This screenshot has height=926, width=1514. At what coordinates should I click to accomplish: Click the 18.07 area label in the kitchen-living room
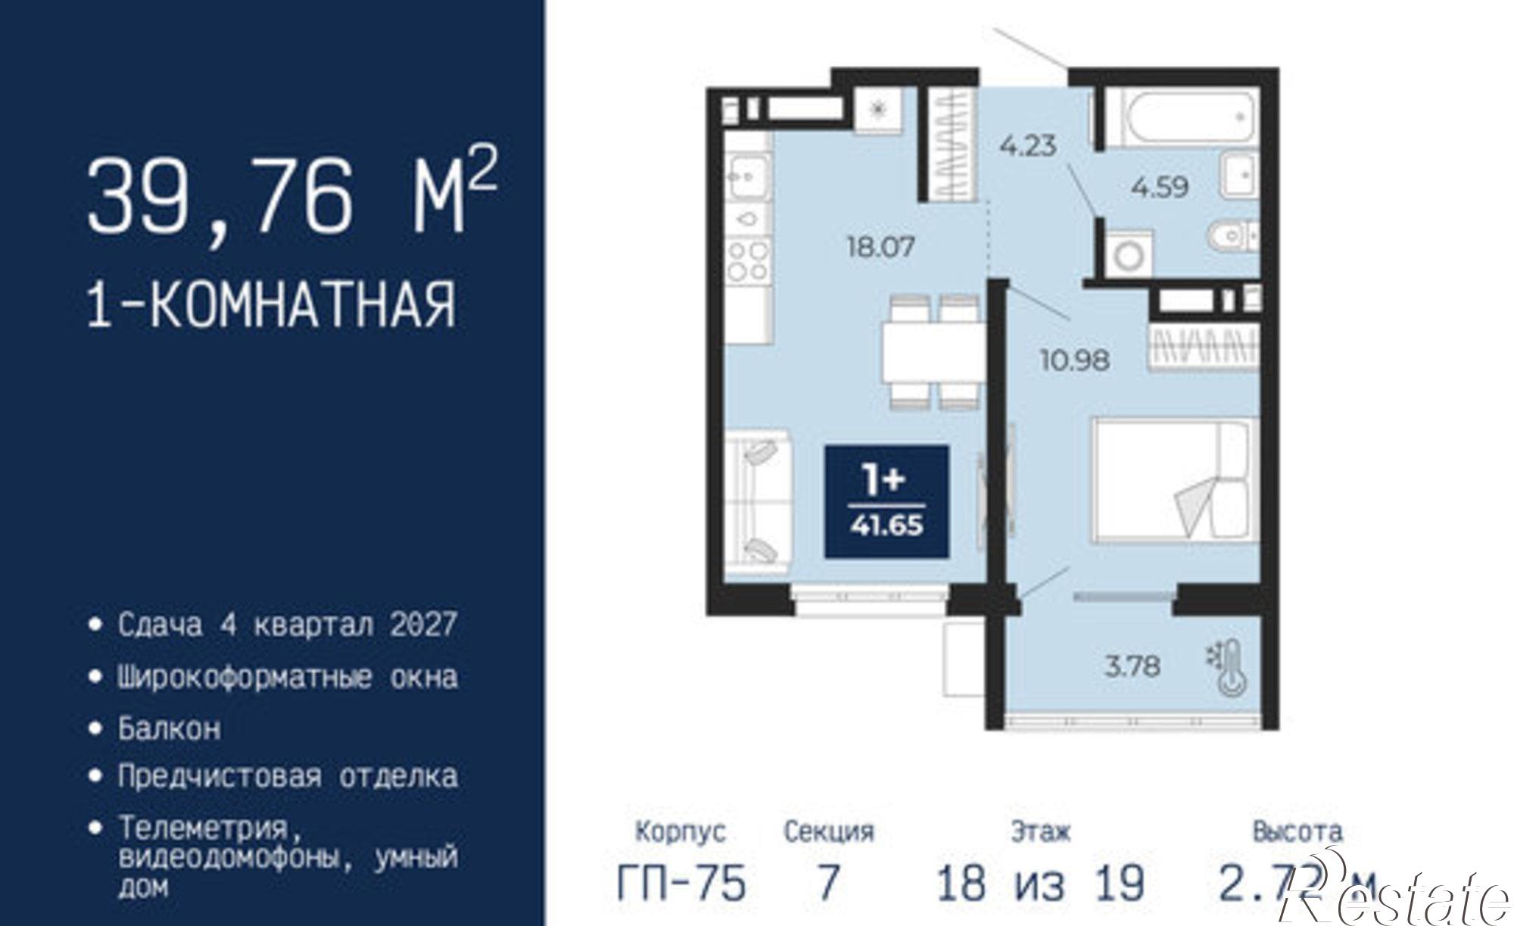(x=880, y=247)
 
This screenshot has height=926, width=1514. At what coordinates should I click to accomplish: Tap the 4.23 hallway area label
(x=1026, y=145)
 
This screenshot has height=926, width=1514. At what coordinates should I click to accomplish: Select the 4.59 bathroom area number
(x=1160, y=187)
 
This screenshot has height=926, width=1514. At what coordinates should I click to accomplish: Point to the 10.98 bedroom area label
(x=1074, y=360)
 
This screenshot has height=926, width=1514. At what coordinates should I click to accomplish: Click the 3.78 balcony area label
(x=1132, y=666)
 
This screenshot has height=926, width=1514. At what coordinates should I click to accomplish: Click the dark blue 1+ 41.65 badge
(x=886, y=501)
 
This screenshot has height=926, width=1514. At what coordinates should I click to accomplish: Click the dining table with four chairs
(x=933, y=352)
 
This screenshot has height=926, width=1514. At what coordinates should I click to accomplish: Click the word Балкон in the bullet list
(x=170, y=728)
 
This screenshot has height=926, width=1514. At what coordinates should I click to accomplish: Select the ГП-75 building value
(x=681, y=883)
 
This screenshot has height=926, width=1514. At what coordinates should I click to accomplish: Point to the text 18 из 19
(x=1040, y=883)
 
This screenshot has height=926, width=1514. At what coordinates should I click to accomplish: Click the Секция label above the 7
(x=828, y=831)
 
